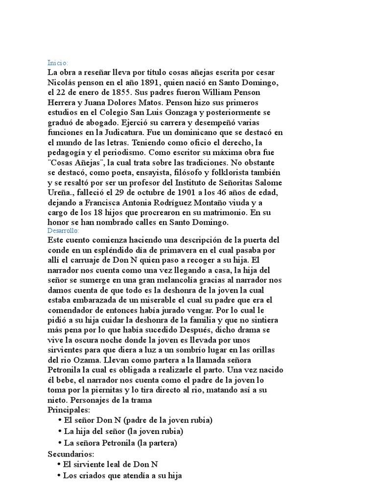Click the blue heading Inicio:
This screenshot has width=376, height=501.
(58, 63)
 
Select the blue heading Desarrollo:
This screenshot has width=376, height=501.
(64, 230)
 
